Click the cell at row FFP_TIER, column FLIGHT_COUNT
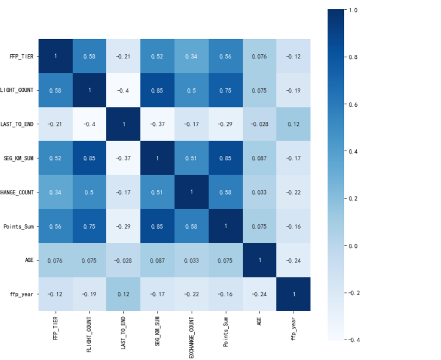pos(89,56)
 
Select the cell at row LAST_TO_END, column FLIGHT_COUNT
pos(89,124)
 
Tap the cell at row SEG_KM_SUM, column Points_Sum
pos(226,158)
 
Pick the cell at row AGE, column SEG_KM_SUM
pos(157,260)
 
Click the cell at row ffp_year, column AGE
pos(260,294)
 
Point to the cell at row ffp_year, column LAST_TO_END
pos(123,294)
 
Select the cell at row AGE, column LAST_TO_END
pos(123,260)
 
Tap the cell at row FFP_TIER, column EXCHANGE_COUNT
pos(192,56)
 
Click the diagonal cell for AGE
pos(260,260)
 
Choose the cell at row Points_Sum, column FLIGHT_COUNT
pos(89,226)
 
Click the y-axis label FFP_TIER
pos(22,56)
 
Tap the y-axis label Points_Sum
pos(20,226)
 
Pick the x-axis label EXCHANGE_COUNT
pos(192,335)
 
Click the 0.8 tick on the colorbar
pos(352,57)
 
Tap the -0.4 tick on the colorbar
pos(351,340)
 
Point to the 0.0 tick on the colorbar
pos(352,246)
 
